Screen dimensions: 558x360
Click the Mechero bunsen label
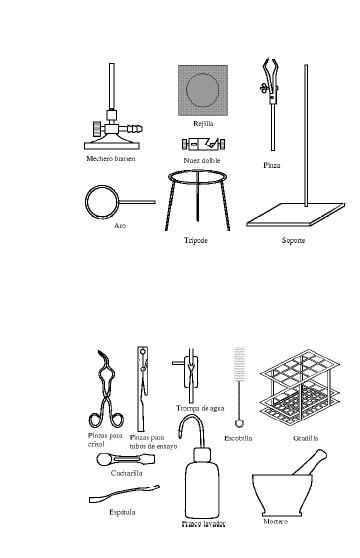click(110, 158)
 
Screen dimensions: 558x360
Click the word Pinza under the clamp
click(272, 164)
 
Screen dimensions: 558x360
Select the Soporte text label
click(293, 241)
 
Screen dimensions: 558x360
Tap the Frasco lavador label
click(204, 523)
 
